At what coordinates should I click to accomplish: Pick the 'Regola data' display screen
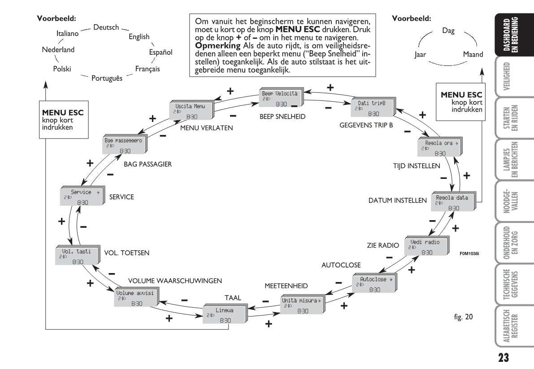click(453, 203)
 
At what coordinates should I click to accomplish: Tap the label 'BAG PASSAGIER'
click(148, 164)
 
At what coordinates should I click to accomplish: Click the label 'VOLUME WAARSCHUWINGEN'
click(175, 281)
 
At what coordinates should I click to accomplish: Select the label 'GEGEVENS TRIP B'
click(366, 125)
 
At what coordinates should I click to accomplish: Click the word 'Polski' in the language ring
click(62, 69)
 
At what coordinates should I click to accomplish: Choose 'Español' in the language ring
click(161, 52)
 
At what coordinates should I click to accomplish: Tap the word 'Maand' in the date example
click(473, 55)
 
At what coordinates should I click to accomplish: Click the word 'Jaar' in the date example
click(420, 55)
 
